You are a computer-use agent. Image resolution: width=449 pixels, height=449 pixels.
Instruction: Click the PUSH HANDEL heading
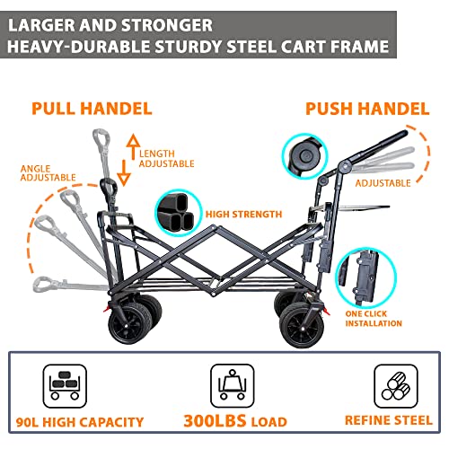click(367, 109)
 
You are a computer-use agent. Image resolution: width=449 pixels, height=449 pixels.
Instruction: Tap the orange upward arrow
click(131, 141)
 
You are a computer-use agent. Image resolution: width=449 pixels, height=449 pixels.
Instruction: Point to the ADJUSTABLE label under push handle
click(383, 182)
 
